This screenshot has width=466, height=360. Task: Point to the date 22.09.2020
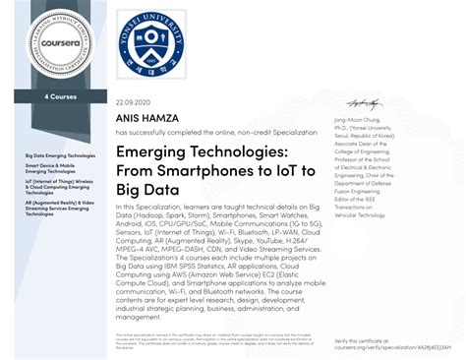pyautogui.click(x=133, y=102)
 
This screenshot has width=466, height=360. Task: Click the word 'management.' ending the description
pyautogui.click(x=138, y=318)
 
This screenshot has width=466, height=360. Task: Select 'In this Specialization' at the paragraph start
pyautogui.click(x=142, y=208)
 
